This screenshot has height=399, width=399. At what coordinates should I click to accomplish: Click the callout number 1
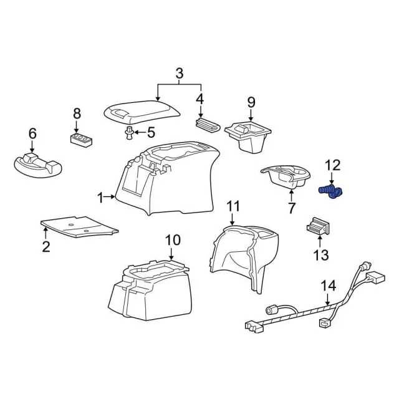tap(100, 198)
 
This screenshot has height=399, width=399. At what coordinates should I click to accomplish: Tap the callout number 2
tap(46, 247)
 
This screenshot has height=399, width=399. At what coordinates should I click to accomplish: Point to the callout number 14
tap(328, 286)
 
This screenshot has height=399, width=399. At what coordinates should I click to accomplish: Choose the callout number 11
tap(233, 206)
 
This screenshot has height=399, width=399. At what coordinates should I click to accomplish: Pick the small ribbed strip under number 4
tap(208, 124)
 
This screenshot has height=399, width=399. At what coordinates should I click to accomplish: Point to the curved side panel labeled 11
tap(243, 256)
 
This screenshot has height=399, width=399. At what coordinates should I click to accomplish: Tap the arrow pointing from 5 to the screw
tap(140, 132)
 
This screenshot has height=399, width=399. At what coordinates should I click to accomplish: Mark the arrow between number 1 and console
tap(110, 198)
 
